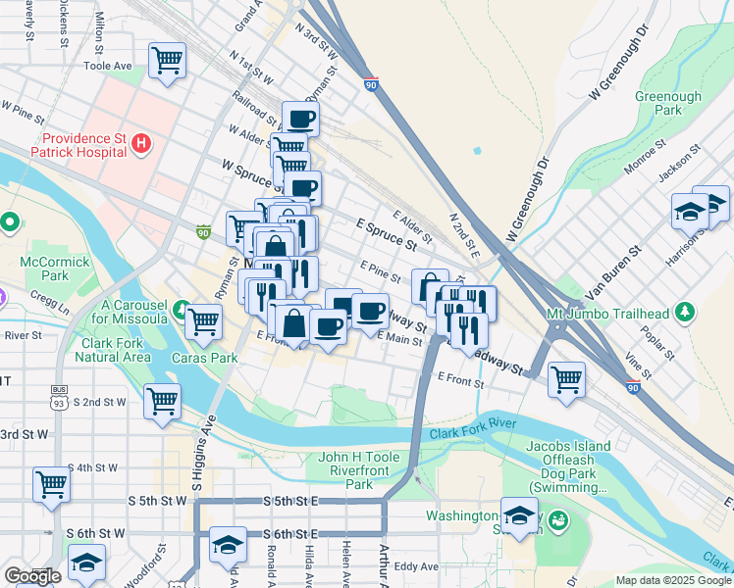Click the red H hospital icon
tap(141, 145)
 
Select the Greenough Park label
tap(668, 104)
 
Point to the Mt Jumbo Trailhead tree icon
tap(686, 314)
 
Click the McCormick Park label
tap(54, 269)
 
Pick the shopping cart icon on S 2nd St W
tap(162, 400)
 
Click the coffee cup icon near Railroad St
tap(300, 120)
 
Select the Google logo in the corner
tap(32, 576)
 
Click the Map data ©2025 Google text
tap(673, 580)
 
